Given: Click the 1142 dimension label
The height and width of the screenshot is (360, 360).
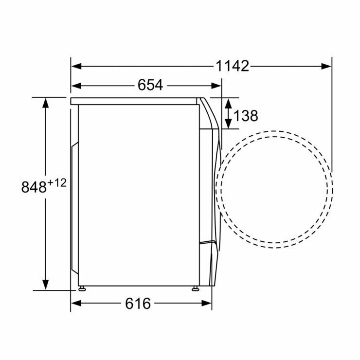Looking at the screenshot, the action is [x=233, y=66].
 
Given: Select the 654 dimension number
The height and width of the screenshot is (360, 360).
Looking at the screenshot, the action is [x=150, y=85].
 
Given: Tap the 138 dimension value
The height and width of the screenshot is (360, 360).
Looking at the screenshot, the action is [x=246, y=115].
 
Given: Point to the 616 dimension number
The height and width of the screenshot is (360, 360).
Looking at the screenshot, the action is [x=138, y=304].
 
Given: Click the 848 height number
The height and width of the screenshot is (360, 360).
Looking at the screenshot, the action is [x=34, y=187].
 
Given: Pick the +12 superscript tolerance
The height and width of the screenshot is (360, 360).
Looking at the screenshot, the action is [x=57, y=183].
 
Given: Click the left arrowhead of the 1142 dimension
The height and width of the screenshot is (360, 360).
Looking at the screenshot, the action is [x=76, y=66].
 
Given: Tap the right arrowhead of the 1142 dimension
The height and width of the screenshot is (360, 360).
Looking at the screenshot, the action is [x=326, y=66].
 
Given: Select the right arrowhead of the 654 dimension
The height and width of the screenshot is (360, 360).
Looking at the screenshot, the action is [x=216, y=86].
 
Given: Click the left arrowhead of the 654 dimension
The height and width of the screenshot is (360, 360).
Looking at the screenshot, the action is [x=76, y=86].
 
